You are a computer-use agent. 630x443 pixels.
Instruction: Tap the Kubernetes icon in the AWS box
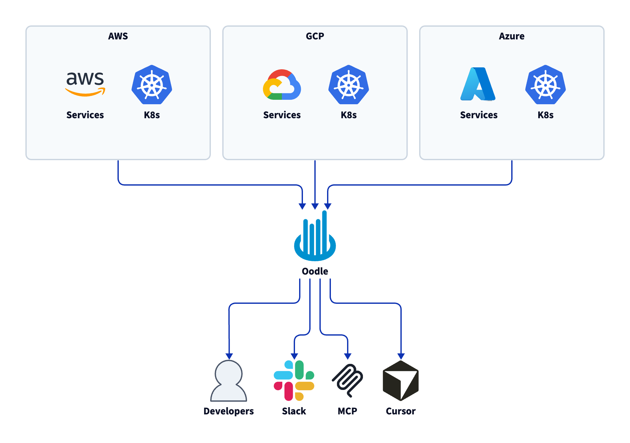click(x=152, y=85)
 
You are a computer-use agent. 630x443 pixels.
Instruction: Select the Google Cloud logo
click(x=282, y=85)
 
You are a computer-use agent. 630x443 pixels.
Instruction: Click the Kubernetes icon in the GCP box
click(x=349, y=85)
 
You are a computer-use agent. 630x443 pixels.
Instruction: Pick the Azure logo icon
click(x=478, y=84)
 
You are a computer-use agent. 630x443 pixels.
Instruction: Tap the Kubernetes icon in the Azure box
click(x=546, y=85)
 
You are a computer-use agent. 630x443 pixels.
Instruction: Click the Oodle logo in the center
click(x=315, y=237)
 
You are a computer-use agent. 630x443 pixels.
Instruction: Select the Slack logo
click(x=294, y=381)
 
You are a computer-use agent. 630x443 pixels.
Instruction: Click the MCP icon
click(x=347, y=381)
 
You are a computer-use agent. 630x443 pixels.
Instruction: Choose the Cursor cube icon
click(x=401, y=381)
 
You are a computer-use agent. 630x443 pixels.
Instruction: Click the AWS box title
click(x=118, y=36)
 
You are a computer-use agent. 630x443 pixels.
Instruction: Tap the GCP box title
click(x=315, y=36)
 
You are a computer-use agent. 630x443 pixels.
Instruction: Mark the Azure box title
click(x=512, y=36)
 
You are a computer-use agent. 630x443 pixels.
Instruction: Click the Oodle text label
click(x=315, y=271)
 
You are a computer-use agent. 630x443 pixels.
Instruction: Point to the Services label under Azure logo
click(x=479, y=115)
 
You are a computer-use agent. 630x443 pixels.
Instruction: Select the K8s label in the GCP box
click(x=349, y=115)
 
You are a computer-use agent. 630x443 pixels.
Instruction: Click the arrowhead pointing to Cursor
click(x=401, y=356)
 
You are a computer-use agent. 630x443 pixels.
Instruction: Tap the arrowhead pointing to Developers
click(x=229, y=356)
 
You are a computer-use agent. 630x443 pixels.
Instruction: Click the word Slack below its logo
click(x=294, y=411)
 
